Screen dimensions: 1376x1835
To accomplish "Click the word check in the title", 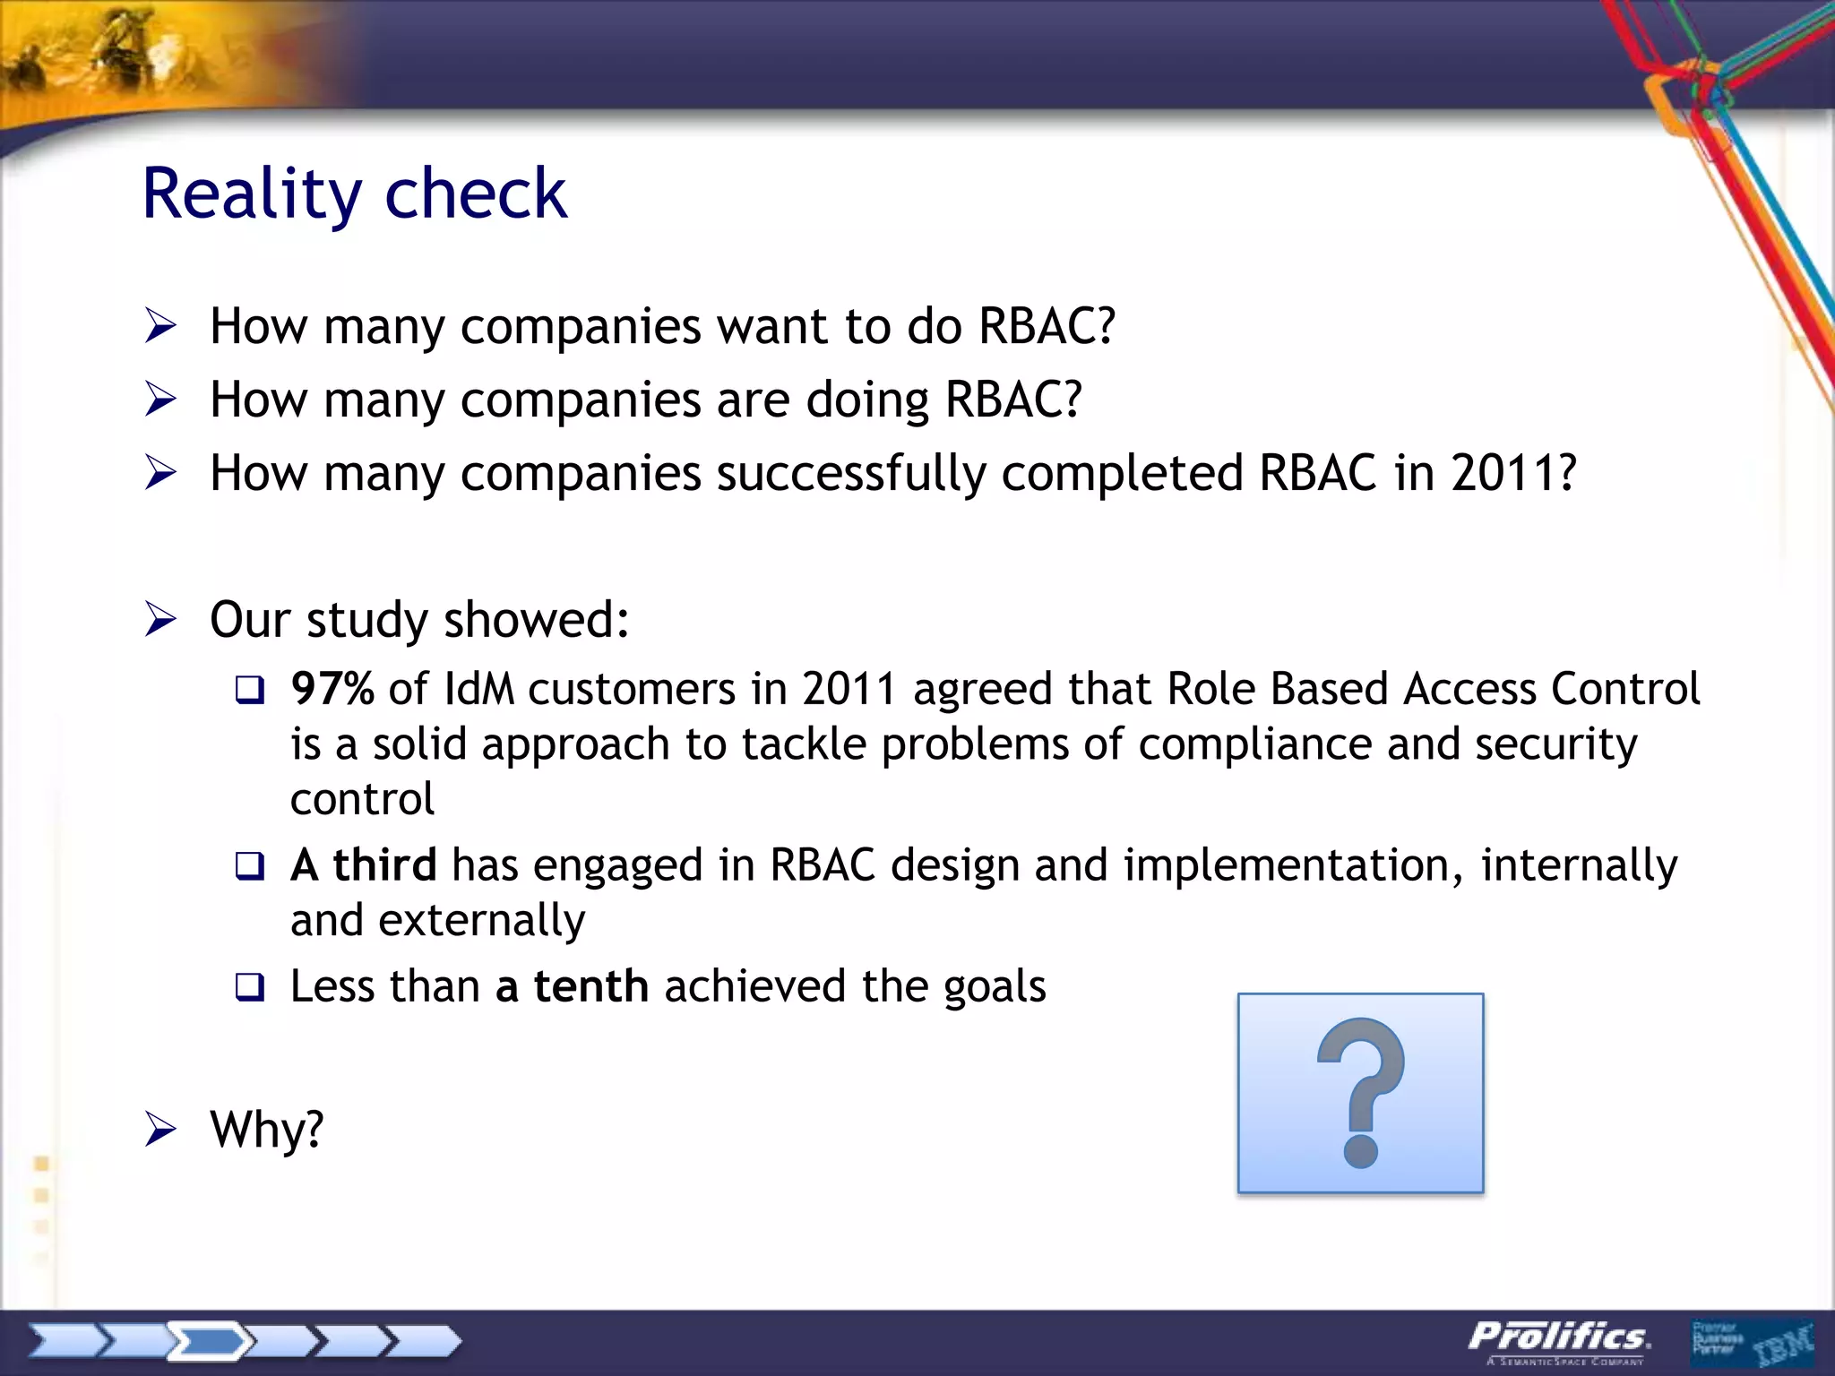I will tap(476, 194).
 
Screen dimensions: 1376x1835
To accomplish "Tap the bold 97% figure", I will tap(332, 689).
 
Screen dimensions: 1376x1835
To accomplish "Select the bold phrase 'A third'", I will tap(364, 865).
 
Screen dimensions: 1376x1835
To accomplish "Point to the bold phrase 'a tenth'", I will tap(572, 986).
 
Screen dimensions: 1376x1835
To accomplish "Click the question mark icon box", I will tap(1360, 1093).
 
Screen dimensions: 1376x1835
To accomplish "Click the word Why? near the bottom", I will tap(266, 1129).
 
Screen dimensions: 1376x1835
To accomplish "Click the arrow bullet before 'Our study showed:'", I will tap(160, 620).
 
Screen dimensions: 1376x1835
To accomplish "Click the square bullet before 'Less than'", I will tap(250, 988).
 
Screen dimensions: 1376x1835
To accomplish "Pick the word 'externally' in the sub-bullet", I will tap(482, 921).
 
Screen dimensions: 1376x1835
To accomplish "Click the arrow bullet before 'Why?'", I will tap(160, 1130).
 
